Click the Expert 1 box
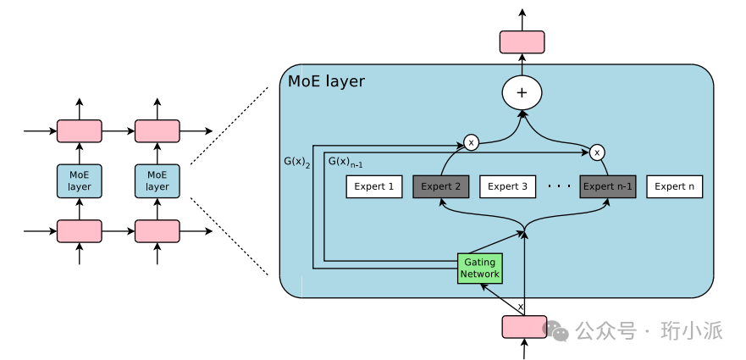[x=374, y=186]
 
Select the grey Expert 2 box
[x=441, y=186]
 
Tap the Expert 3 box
[x=508, y=186]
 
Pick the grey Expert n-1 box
[x=608, y=186]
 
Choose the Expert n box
[x=675, y=186]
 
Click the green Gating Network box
[x=480, y=268]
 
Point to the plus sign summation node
[x=522, y=92]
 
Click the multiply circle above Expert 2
[x=472, y=142]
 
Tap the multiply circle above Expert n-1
[x=597, y=152]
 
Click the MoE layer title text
[x=327, y=82]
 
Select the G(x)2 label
[x=297, y=159]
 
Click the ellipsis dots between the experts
[x=558, y=186]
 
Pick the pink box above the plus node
[x=522, y=42]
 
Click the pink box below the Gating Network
[x=525, y=326]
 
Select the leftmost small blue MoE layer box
[x=80, y=181]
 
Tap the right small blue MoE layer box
[x=157, y=181]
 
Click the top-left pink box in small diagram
[x=80, y=130]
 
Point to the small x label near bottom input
[x=521, y=307]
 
